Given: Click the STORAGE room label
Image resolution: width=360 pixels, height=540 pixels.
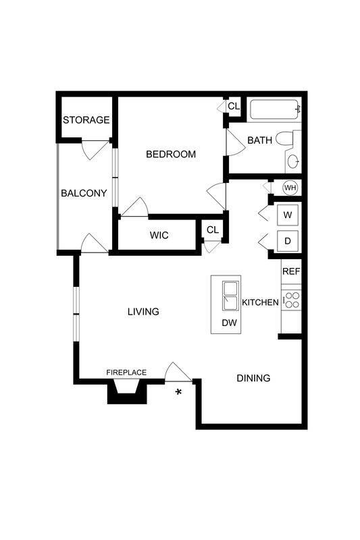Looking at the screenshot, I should point(86,120).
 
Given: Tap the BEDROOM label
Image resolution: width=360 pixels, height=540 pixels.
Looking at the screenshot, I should point(171,155).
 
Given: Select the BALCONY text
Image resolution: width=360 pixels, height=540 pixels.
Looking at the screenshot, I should point(84,193).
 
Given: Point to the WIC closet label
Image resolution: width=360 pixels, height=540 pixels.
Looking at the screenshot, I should point(159,236).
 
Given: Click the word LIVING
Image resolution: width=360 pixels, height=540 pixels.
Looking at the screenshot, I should point(143,312).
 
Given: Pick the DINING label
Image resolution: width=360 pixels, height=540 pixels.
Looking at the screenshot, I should point(253,378).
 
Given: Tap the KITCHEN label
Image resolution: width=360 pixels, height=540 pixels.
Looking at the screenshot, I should point(260,302).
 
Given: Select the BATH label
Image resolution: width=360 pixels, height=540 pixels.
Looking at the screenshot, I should point(259,140).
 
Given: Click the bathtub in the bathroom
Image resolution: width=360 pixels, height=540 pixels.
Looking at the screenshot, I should point(274,109).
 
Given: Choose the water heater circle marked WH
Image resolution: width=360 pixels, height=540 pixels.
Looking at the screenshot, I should point(290,187).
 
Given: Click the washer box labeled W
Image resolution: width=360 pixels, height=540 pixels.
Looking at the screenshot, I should point(288,215).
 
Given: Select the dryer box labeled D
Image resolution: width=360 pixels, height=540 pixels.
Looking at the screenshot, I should point(288,241).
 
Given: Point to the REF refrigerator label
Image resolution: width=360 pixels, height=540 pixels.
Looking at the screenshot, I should point(290,272).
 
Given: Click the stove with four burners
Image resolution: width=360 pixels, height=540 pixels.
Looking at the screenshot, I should point(291,299).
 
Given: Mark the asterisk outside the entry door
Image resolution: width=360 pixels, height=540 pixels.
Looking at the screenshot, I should point(179,392).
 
